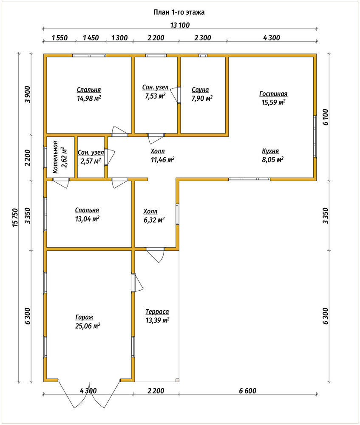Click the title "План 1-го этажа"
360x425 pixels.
click(x=179, y=12)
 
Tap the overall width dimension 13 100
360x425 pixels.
click(x=180, y=25)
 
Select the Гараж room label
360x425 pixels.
click(x=84, y=317)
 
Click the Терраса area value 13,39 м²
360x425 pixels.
click(x=158, y=320)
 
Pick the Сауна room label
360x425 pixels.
click(x=200, y=90)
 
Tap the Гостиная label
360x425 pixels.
click(x=273, y=94)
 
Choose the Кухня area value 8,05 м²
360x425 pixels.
click(x=273, y=160)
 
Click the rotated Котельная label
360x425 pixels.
click(x=55, y=157)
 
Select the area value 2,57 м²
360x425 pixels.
click(x=91, y=161)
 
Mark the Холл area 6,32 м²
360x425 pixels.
click(x=154, y=220)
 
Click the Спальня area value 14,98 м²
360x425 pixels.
click(x=89, y=98)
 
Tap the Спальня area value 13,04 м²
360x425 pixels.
click(x=87, y=219)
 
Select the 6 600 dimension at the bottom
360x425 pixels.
click(x=248, y=391)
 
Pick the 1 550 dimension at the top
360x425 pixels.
click(x=60, y=38)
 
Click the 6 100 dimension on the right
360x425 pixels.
click(x=325, y=117)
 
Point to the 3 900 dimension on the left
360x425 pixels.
click(x=27, y=94)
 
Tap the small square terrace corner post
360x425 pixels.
click(x=177, y=380)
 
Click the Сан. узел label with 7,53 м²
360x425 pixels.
click(x=155, y=88)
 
